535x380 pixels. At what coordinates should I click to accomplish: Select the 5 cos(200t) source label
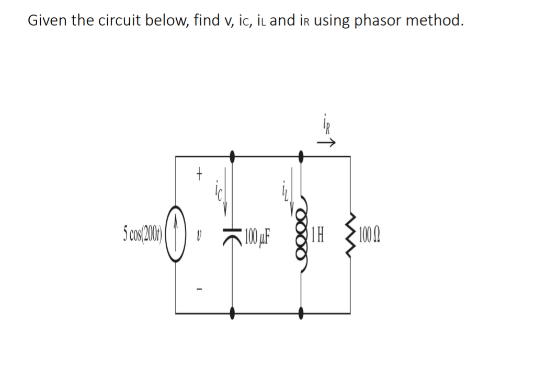pyautogui.click(x=142, y=233)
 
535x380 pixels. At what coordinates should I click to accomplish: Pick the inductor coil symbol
pyautogui.click(x=301, y=233)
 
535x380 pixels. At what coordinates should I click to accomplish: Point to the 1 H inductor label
pyautogui.click(x=317, y=233)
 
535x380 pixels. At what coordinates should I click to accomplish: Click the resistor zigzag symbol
pyautogui.click(x=350, y=233)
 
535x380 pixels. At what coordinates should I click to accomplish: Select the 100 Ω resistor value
pyautogui.click(x=370, y=233)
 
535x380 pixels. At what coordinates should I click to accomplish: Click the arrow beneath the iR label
pyautogui.click(x=328, y=142)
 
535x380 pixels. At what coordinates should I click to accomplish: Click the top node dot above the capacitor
pyautogui.click(x=233, y=155)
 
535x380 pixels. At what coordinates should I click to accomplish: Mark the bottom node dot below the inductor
pyautogui.click(x=301, y=313)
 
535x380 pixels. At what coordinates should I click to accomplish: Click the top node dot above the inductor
pyautogui.click(x=301, y=155)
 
